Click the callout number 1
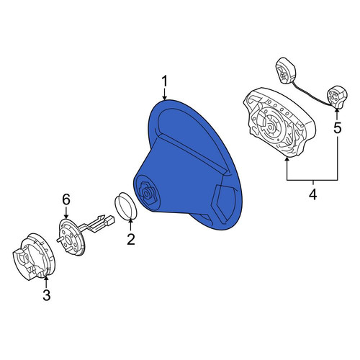164,82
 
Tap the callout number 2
131,239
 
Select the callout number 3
47,294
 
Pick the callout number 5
338,127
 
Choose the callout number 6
66,199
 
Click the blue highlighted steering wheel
189,166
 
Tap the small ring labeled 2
125,206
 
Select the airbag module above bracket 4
279,122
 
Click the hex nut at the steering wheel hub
147,193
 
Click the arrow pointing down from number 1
164,94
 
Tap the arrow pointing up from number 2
131,225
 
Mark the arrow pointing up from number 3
46,282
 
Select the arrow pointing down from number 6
66,212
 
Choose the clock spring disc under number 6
71,237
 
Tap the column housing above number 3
34,257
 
